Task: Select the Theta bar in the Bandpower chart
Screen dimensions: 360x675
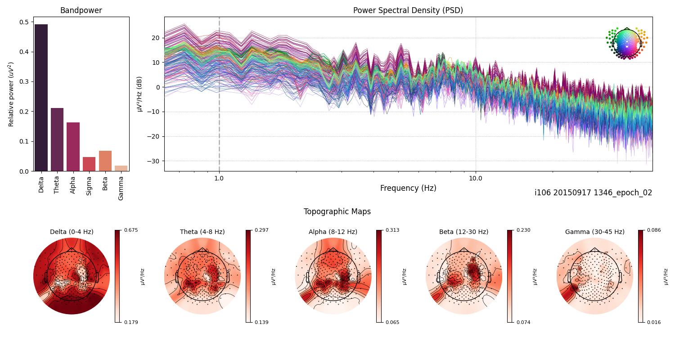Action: point(57,139)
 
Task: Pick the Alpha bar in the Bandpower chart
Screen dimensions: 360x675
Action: point(73,147)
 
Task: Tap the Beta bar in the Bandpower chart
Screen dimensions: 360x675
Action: point(105,161)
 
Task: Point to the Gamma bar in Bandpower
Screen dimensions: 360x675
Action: point(121,168)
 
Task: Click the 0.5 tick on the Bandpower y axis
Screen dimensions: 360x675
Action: point(24,22)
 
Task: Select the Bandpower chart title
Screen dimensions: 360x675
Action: point(81,10)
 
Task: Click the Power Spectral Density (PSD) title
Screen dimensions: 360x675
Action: point(408,10)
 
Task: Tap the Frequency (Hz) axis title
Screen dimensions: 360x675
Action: point(408,188)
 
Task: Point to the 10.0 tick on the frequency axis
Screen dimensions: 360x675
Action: point(476,178)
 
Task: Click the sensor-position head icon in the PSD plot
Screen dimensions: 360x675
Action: point(626,43)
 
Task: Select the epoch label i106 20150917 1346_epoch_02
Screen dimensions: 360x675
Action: point(593,193)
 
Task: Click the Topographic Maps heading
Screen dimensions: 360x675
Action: point(337,211)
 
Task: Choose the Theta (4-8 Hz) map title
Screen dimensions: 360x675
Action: point(202,232)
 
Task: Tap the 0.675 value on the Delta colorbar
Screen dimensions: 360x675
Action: point(131,230)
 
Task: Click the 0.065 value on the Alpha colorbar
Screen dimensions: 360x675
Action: point(393,322)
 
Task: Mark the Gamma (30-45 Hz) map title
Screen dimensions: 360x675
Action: point(594,232)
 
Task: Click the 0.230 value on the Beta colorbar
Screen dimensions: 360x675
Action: point(524,230)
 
